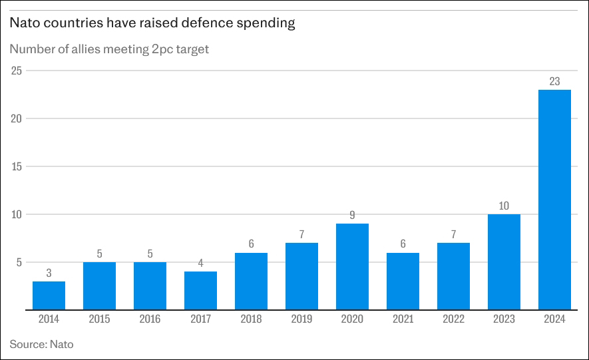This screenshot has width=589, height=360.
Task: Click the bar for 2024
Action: [554, 200]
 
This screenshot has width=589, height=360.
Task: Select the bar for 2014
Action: [49, 295]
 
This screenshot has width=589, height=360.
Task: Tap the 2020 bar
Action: [352, 266]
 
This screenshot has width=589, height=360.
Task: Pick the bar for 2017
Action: [200, 290]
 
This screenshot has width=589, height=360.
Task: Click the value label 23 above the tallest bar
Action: [554, 81]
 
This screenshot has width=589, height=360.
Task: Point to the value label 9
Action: [352, 215]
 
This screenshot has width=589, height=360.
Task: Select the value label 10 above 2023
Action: [504, 206]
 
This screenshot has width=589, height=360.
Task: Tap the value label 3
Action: [49, 273]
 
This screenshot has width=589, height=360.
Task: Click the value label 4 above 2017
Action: [200, 263]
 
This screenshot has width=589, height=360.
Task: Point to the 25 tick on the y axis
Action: [17, 71]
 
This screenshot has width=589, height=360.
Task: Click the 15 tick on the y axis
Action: [17, 166]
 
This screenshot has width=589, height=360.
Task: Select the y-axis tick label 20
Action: [17, 118]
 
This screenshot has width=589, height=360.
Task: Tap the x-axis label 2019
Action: [301, 319]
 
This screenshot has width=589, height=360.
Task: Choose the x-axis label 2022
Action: [453, 319]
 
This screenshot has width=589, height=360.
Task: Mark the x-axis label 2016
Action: [150, 319]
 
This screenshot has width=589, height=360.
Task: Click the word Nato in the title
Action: [23, 23]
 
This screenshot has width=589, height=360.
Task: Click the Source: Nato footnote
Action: [41, 344]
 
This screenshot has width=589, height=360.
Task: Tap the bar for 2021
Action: [403, 281]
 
